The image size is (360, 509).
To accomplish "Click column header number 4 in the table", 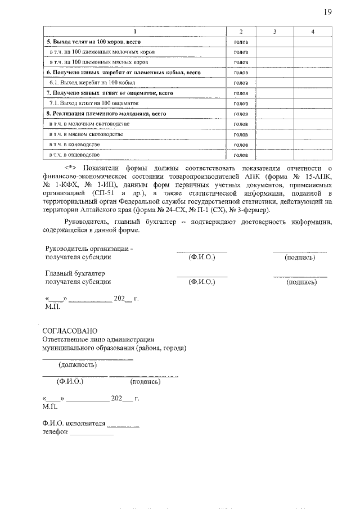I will [312, 31].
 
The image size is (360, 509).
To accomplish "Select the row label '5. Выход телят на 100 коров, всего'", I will [93, 42].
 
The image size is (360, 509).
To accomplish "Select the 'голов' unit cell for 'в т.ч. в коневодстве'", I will [241, 145].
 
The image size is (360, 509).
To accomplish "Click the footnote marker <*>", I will [70, 167].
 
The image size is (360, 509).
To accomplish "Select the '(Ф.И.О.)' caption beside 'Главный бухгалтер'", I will [202, 282].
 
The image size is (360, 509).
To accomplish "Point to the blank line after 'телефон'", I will [92, 433].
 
